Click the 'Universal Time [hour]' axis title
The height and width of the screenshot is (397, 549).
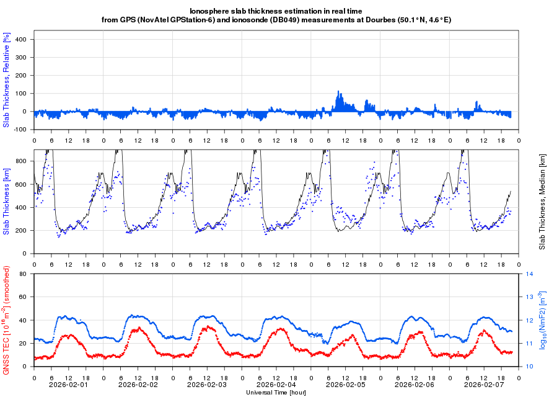(276, 393)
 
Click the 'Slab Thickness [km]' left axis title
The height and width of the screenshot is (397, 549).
(6, 202)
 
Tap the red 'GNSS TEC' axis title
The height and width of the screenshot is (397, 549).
(6, 319)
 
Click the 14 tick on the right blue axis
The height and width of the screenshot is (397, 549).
(530, 274)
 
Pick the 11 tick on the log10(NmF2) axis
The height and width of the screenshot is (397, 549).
(530, 343)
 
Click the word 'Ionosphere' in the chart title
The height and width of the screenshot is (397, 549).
(208, 11)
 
